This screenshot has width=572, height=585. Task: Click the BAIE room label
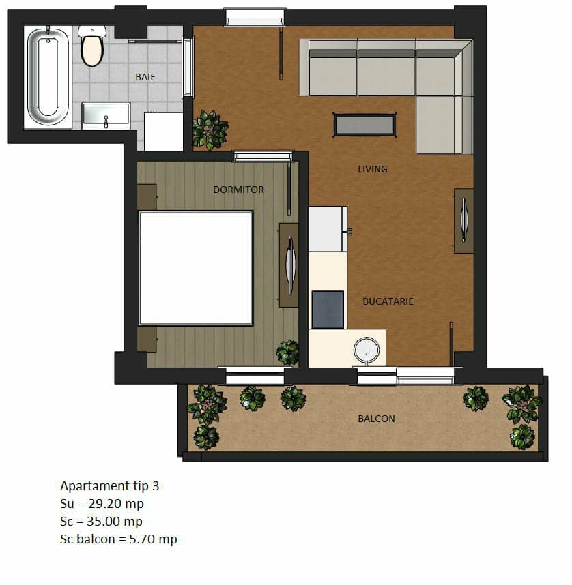(x=145, y=77)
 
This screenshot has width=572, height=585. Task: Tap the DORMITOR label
(x=238, y=190)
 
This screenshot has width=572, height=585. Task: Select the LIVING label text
(x=373, y=169)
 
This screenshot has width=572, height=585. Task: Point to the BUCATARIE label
(x=388, y=301)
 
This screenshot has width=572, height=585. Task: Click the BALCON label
(x=376, y=419)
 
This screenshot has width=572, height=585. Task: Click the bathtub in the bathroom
(x=48, y=77)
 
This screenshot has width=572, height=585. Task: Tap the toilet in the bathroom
(x=92, y=46)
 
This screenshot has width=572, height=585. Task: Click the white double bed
(x=195, y=268)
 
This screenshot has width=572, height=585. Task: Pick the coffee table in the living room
(x=364, y=125)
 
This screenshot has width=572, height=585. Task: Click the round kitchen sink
(x=366, y=350)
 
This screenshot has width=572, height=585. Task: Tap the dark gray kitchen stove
(x=328, y=310)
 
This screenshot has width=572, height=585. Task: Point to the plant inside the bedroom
(x=288, y=352)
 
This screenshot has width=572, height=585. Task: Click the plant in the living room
(x=210, y=130)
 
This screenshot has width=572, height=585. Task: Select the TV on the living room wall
(x=463, y=221)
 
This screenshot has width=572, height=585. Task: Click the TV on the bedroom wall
(x=290, y=265)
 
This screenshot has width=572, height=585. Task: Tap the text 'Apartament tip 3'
(x=109, y=485)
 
